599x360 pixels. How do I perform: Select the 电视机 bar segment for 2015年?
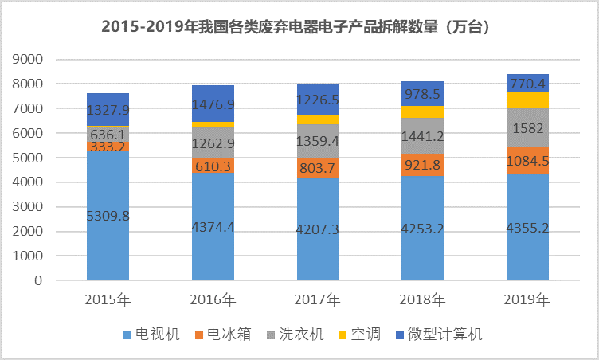(108, 239)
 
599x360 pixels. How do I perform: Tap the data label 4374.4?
(213, 228)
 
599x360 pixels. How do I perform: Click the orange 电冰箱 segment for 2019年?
(528, 159)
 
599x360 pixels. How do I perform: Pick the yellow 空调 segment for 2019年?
(528, 100)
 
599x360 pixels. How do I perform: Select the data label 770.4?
(528, 83)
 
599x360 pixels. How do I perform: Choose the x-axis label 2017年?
(318, 300)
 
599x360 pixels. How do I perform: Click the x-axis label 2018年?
(423, 300)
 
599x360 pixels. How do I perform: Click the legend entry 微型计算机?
(446, 334)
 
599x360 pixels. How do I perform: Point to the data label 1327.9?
(108, 110)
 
